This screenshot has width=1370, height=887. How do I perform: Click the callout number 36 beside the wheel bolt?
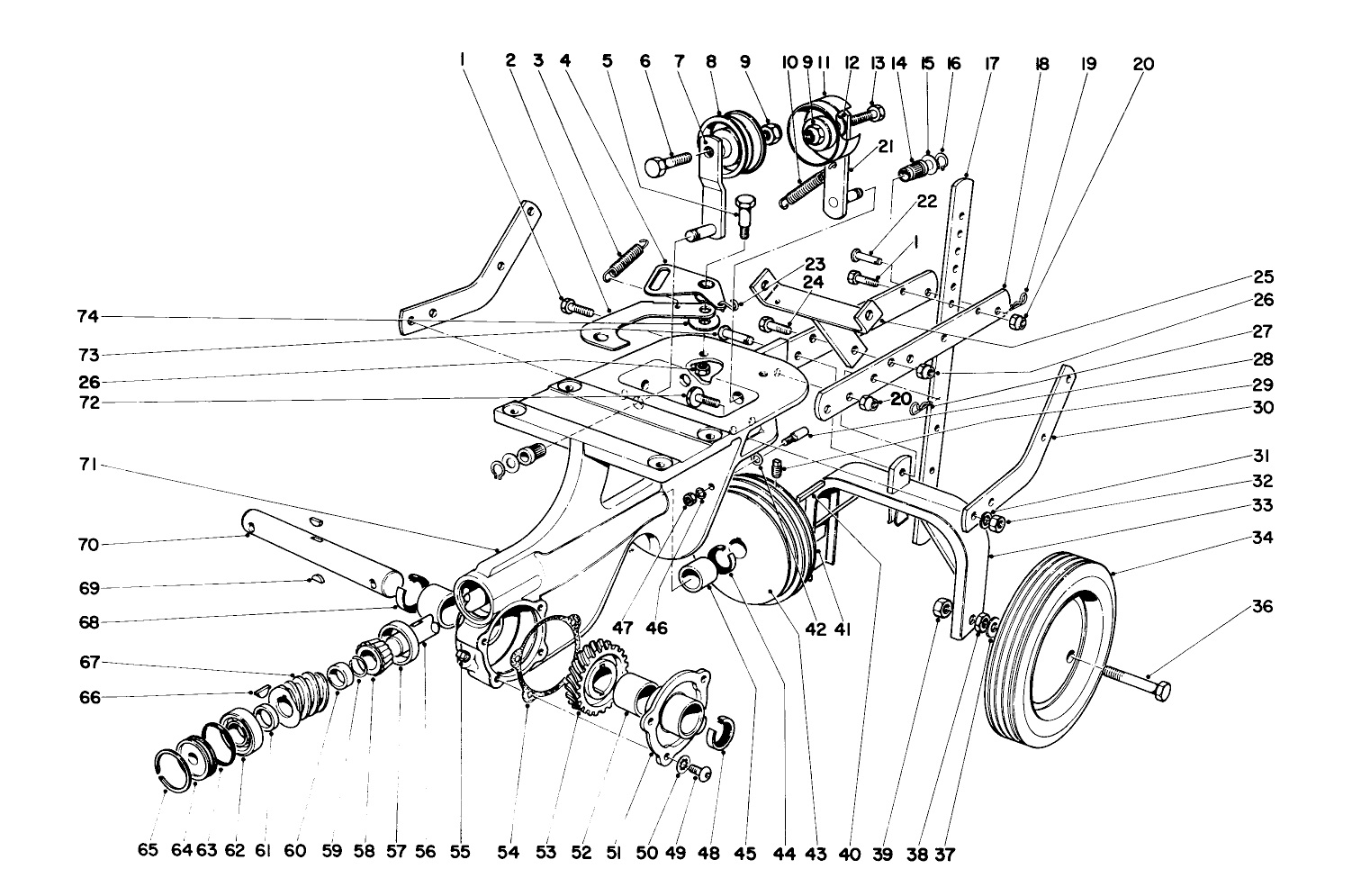click(x=1263, y=607)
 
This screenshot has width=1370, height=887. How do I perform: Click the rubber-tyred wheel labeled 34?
click(x=1051, y=644)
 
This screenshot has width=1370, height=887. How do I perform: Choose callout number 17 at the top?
click(x=992, y=64)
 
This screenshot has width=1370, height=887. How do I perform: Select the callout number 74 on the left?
click(x=87, y=316)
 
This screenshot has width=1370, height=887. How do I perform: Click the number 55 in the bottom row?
click(x=460, y=852)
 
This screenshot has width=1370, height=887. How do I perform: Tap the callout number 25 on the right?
click(x=1262, y=277)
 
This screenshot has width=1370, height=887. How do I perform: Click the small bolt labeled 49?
click(x=703, y=773)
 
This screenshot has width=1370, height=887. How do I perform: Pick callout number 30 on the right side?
click(x=1262, y=407)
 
